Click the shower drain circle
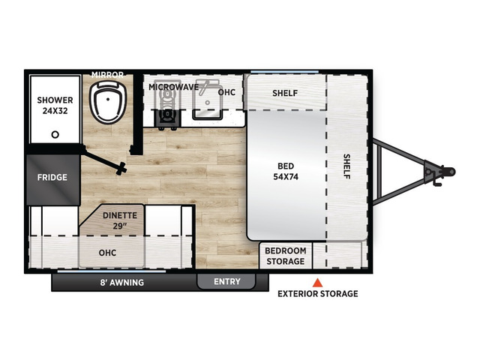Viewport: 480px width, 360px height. (x=55, y=134)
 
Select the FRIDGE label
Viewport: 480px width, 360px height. (x=52, y=177)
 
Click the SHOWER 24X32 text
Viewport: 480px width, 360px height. (x=55, y=105)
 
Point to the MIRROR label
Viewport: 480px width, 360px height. (x=107, y=75)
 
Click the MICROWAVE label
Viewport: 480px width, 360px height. (x=173, y=87)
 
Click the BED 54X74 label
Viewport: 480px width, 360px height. (x=286, y=172)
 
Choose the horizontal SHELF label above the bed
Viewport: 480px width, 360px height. (x=285, y=93)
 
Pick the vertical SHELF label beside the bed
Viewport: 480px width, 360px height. (x=346, y=166)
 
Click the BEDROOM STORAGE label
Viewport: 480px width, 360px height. (x=286, y=256)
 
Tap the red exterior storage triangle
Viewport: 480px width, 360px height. (x=317, y=283)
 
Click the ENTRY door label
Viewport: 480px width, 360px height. (x=227, y=282)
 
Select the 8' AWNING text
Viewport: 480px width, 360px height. (x=122, y=282)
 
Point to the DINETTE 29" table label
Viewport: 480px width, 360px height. (x=120, y=220)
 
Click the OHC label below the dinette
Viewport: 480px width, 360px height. (x=107, y=253)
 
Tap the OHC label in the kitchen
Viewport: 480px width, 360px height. (x=226, y=92)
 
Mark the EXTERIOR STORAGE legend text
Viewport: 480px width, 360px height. (x=318, y=294)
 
